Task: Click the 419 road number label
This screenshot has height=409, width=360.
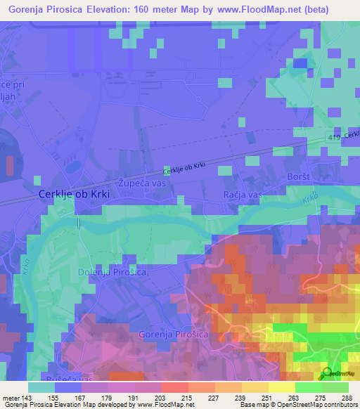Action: [333, 138]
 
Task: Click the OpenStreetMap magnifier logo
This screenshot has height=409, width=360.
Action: [327, 374]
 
